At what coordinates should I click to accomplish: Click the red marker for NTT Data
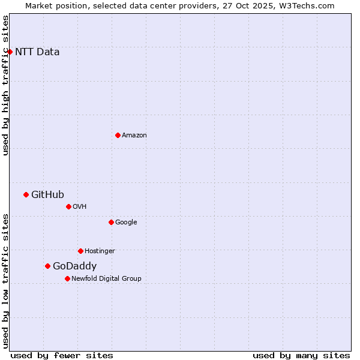pos(10,52)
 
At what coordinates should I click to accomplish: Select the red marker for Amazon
pos(118,135)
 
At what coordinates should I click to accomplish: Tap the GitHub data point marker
pos(26,194)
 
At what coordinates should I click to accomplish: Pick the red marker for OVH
pos(68,206)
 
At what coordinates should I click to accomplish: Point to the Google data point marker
pos(111,222)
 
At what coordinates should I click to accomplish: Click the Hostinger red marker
pos(80,251)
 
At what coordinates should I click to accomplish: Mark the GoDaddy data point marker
pos(47,266)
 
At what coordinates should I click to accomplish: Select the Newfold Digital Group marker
pos(67,278)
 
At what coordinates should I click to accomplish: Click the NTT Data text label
pos(37,52)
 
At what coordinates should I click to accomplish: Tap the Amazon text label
pos(134,136)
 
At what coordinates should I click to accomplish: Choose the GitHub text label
pos(47,194)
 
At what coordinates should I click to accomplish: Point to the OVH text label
pos(80,207)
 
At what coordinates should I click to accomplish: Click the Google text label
pos(126,223)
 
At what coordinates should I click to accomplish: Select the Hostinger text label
pos(100,251)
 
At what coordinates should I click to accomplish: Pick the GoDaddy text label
pos(74,266)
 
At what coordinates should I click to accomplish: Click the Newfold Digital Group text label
pos(106,279)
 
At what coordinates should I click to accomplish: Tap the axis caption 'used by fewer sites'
pos(62,355)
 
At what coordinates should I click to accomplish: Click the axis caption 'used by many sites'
pos(301,355)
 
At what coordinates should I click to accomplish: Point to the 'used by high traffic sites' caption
pos(6,85)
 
